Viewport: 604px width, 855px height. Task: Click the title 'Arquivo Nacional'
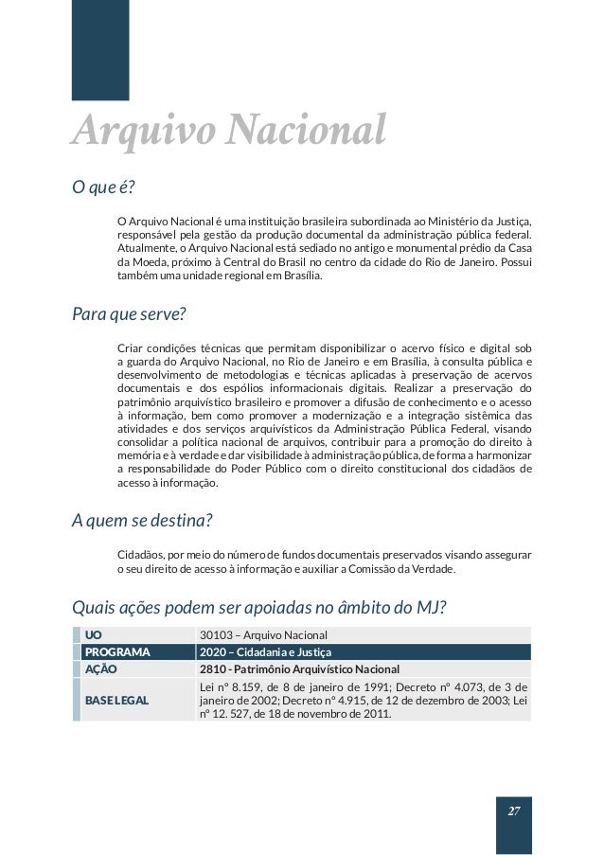228,131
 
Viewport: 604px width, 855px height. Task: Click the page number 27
514,811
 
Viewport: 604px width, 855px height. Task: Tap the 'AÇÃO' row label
100,668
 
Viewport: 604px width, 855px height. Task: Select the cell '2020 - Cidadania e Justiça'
265,651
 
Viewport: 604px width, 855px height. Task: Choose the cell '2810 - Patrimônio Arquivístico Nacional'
298,668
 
